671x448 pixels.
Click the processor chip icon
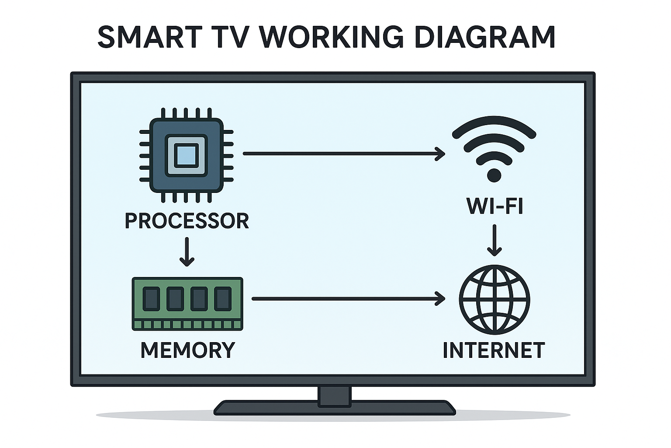(x=186, y=155)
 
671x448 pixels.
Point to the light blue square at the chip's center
(x=186, y=155)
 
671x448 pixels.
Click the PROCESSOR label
(x=187, y=221)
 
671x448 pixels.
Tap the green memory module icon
(x=187, y=303)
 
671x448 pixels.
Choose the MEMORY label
(x=188, y=350)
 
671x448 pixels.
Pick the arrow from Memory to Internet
(x=348, y=299)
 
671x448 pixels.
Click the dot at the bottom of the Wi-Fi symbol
(x=494, y=175)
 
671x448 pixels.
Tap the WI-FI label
(x=495, y=206)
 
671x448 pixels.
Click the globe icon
(x=495, y=300)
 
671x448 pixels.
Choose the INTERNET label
(x=494, y=350)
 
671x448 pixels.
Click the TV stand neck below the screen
(x=335, y=396)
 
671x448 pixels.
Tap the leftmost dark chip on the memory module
(x=152, y=299)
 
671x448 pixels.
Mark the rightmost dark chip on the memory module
(x=223, y=299)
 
